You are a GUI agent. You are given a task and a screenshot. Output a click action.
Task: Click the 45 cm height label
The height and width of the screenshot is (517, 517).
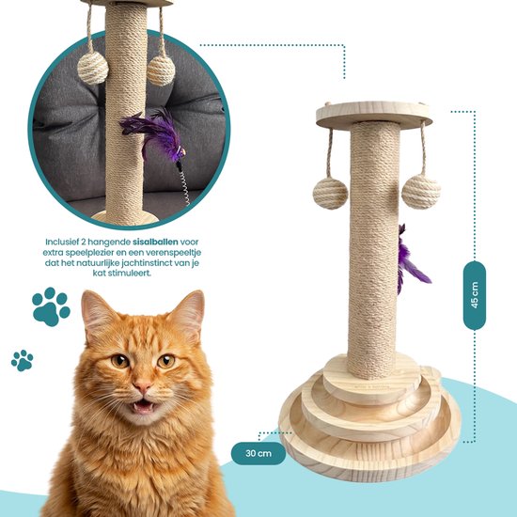tap(475, 295)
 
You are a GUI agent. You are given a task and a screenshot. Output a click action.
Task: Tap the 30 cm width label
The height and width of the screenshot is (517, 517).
tap(258, 453)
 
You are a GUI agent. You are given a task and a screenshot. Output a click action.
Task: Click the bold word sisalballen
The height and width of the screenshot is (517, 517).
tap(155, 242)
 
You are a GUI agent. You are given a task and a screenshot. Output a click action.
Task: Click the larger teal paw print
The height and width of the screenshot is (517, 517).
tap(51, 306)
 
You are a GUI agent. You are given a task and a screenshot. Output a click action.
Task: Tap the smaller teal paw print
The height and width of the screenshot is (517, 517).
tap(23, 360)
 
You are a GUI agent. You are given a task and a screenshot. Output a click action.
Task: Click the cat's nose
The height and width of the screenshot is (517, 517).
tap(143, 385)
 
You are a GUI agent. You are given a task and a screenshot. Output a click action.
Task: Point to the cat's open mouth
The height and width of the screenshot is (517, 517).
tap(144, 406)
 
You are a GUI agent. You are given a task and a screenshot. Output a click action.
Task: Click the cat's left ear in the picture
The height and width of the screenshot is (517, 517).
tap(96, 313)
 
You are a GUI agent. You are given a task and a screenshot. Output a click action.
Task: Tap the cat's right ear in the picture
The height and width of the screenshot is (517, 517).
tap(190, 311)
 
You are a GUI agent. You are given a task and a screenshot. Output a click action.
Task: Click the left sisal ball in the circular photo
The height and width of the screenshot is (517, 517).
tap(93, 68)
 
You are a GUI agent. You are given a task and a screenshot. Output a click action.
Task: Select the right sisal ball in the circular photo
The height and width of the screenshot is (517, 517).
tap(161, 70)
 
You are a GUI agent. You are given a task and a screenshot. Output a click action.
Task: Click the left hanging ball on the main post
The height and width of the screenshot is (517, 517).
tap(330, 194)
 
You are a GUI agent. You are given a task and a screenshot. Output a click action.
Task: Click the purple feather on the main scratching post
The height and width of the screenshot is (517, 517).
tap(411, 259)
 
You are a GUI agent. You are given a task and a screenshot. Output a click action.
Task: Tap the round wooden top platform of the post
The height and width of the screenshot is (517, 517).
tap(374, 115)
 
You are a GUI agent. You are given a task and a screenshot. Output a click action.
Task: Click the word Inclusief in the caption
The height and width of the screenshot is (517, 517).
tap(61, 242)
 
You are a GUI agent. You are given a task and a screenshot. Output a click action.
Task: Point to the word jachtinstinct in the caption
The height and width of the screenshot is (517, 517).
tap(148, 263)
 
